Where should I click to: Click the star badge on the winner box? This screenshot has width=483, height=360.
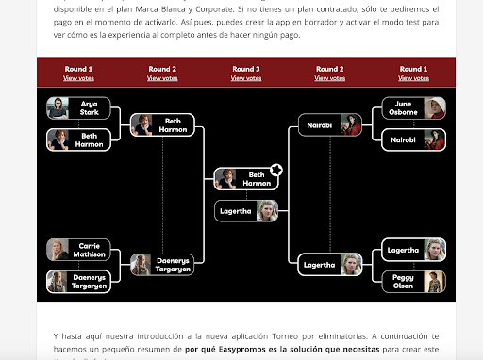275,170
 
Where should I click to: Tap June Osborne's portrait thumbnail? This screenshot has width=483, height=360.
434,107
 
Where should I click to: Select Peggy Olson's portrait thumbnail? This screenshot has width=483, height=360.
434,281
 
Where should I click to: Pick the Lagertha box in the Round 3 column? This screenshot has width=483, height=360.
248,211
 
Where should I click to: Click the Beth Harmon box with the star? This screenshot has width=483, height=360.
247,179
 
